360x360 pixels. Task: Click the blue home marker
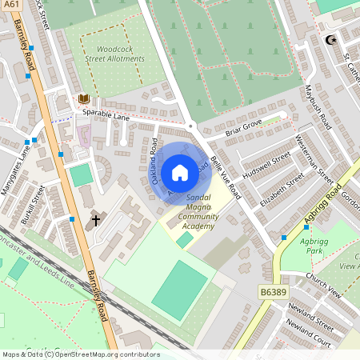tap(180, 172)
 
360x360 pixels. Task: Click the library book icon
tap(84, 99)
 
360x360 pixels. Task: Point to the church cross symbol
tap(96, 218)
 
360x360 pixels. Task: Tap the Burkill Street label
tap(32, 206)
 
